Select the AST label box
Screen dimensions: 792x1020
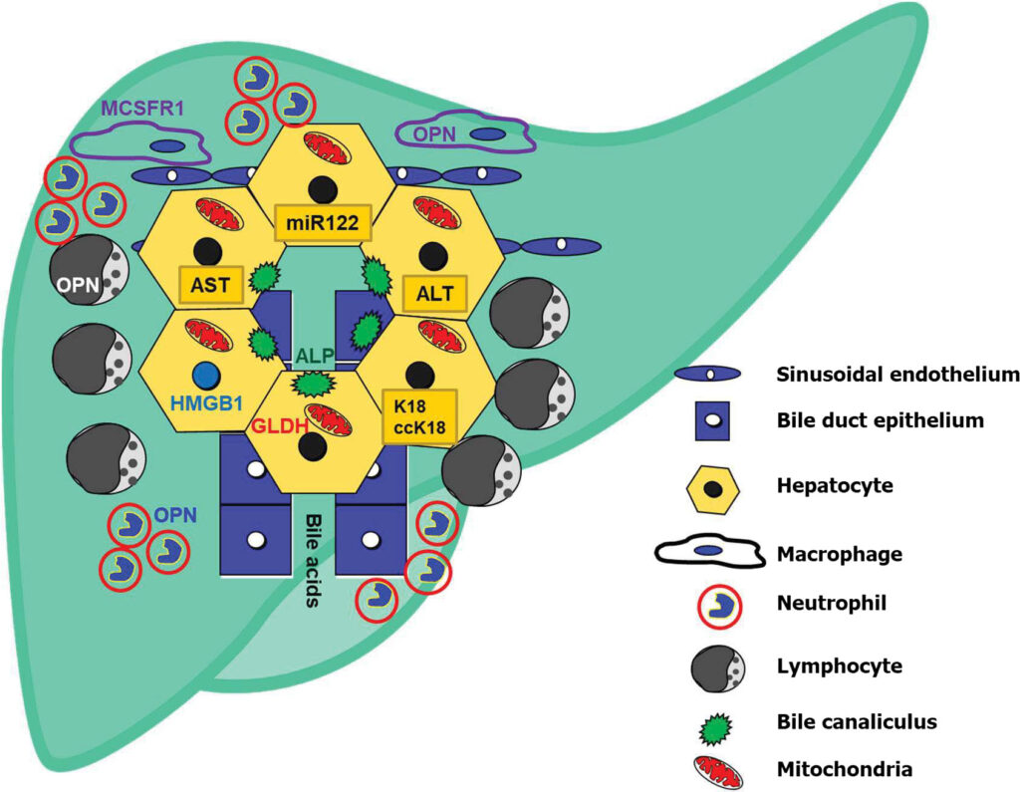(210, 285)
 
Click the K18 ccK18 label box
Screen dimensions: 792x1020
(418, 417)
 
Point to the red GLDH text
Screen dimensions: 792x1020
(275, 423)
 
